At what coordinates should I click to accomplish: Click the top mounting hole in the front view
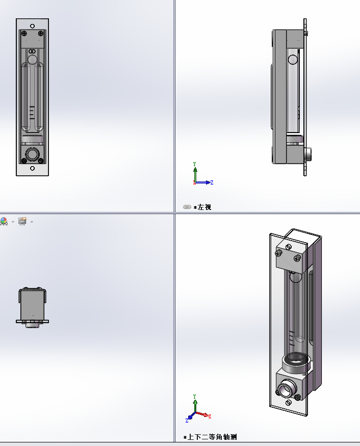33,26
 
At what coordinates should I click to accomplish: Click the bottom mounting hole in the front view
33,168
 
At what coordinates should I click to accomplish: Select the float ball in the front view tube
32,60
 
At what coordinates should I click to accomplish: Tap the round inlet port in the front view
32,155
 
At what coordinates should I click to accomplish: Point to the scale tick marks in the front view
32,112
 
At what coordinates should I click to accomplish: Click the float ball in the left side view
293,60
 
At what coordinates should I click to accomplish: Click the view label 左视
204,207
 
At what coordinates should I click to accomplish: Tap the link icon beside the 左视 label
187,207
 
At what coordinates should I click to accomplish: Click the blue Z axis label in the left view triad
212,182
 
